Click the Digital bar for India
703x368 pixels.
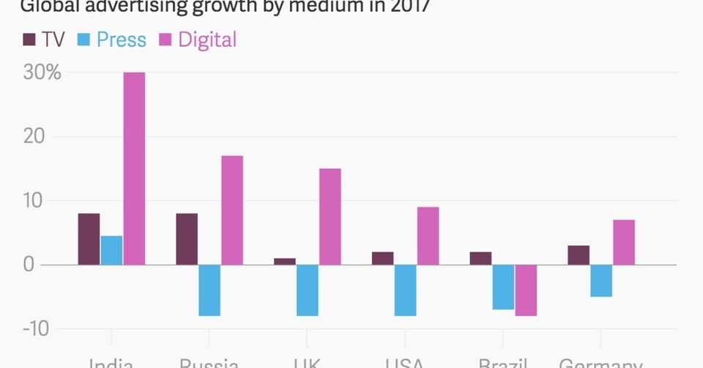(134, 168)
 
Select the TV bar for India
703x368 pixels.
(89, 239)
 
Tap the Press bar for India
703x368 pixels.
(111, 249)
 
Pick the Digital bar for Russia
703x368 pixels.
(232, 210)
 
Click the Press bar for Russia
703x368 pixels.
(209, 290)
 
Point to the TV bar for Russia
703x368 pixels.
(187, 239)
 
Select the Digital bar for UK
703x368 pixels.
(330, 217)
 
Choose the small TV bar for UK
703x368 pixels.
(285, 261)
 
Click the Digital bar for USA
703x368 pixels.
(428, 236)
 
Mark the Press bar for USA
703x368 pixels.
(406, 290)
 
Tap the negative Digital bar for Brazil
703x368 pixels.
(526, 290)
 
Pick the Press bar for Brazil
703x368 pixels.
(503, 287)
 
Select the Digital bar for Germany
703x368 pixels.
(624, 242)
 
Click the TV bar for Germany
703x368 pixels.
(579, 255)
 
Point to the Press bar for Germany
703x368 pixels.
(601, 280)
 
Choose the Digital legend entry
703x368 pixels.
(197, 40)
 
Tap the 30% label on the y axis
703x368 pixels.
(42, 73)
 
